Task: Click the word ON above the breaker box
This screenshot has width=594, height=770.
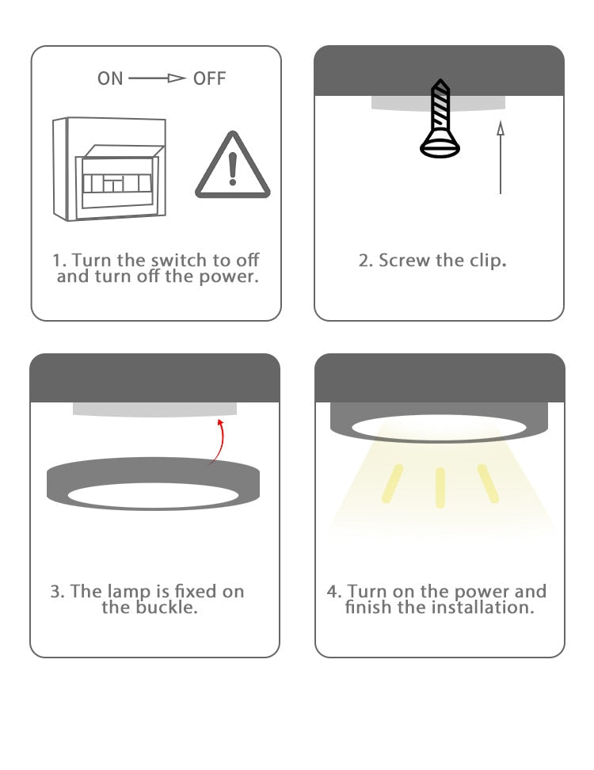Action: [110, 78]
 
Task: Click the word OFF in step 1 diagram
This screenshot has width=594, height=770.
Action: [209, 78]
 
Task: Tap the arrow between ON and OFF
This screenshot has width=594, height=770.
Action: [157, 78]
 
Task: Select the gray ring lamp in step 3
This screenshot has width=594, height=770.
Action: [154, 483]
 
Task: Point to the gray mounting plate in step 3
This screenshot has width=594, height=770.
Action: [154, 409]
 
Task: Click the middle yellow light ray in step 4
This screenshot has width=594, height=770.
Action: [440, 486]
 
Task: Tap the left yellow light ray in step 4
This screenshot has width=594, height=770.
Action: [391, 483]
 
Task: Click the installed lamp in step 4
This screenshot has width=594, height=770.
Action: [439, 423]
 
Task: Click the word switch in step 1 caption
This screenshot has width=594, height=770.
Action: [178, 260]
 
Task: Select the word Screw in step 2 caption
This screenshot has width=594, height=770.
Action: [405, 260]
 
